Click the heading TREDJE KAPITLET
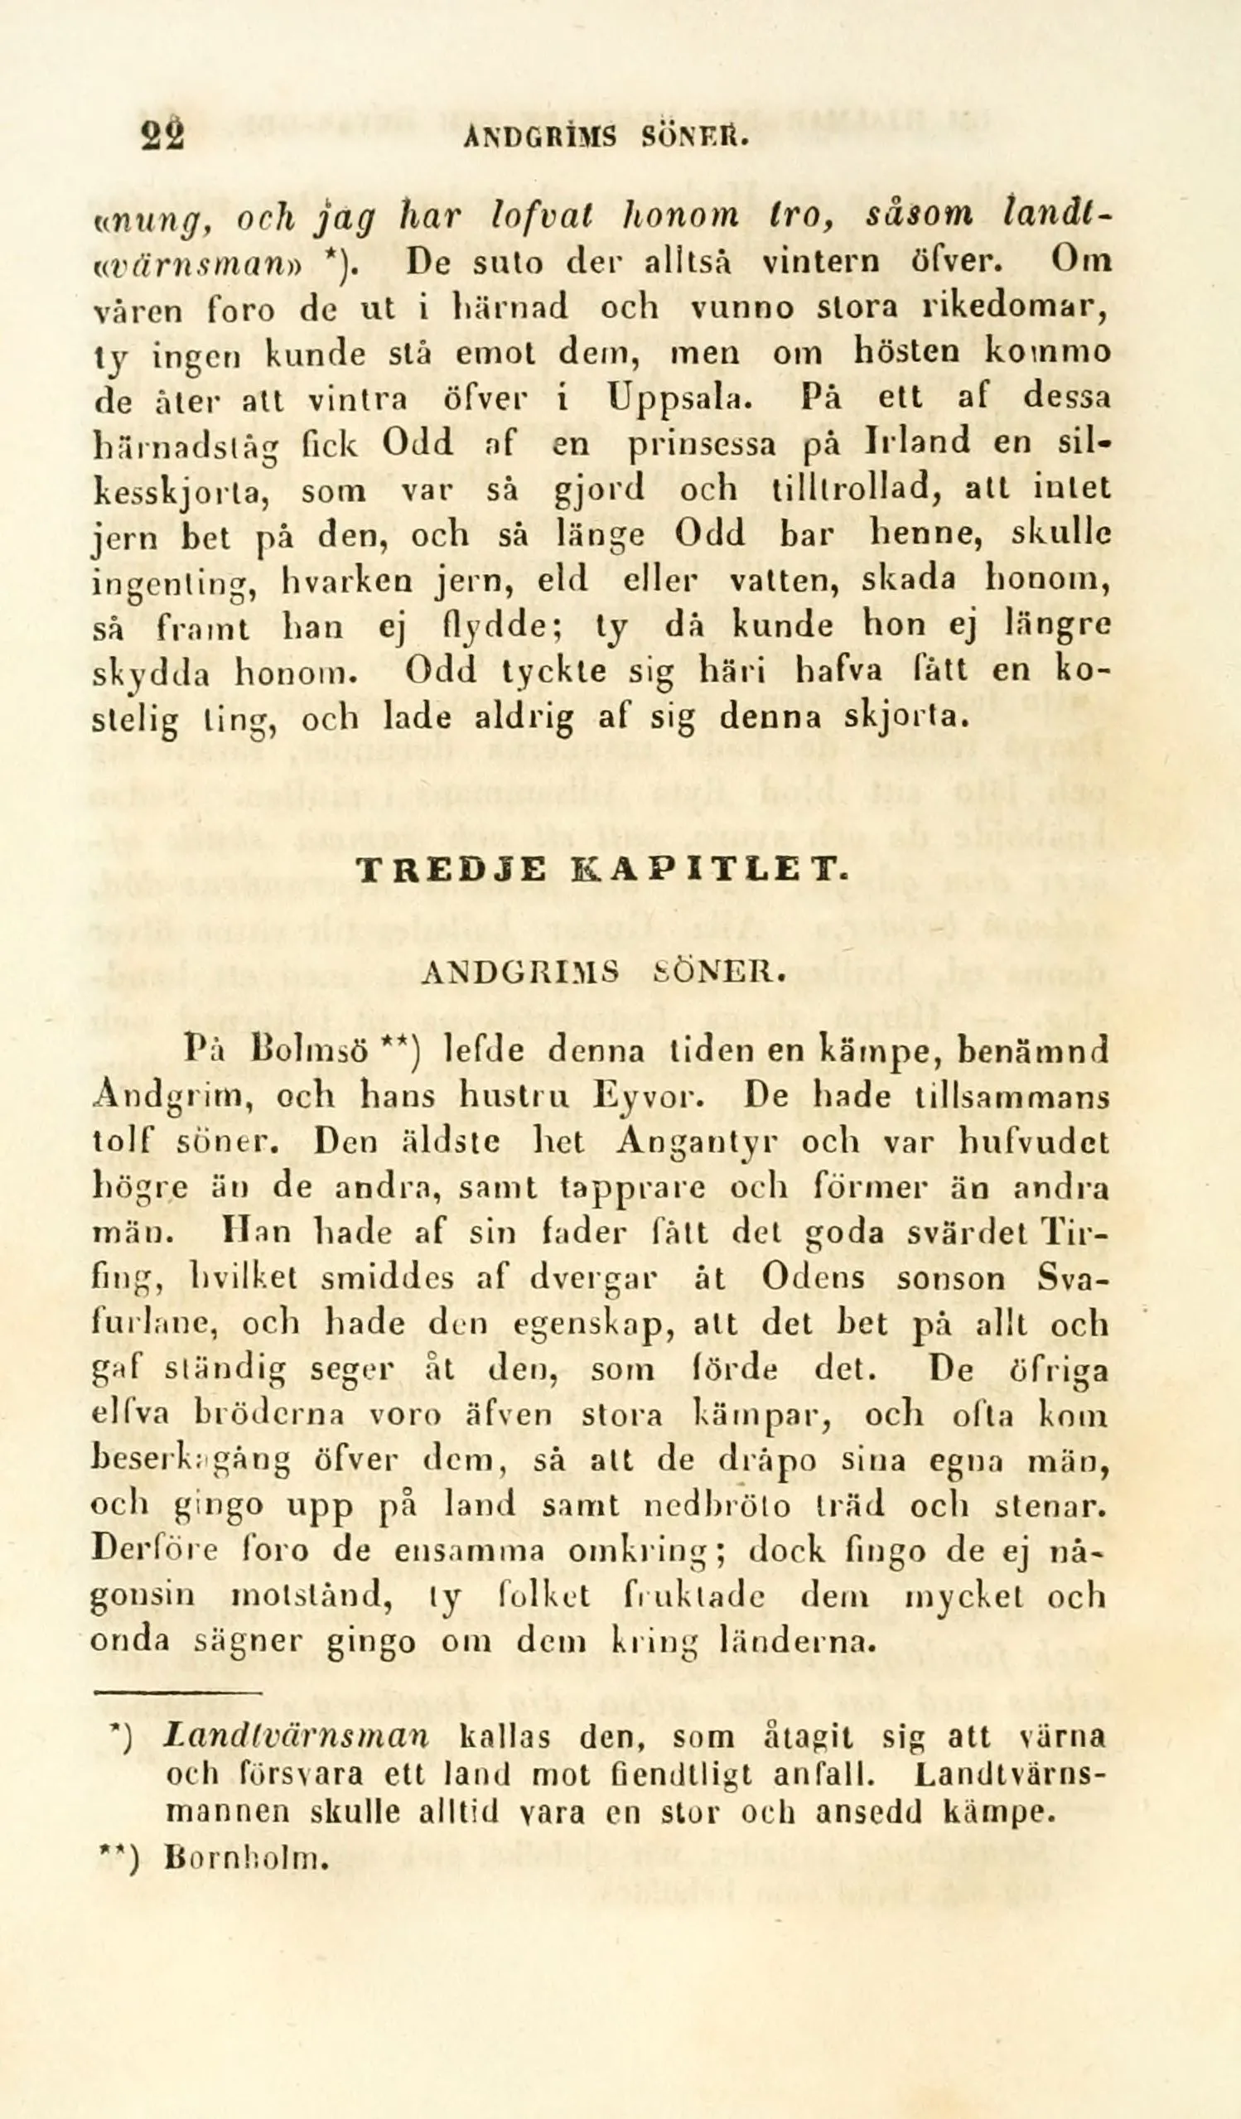point(604,871)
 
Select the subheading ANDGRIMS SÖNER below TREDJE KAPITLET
point(604,973)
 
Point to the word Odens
point(814,1278)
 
